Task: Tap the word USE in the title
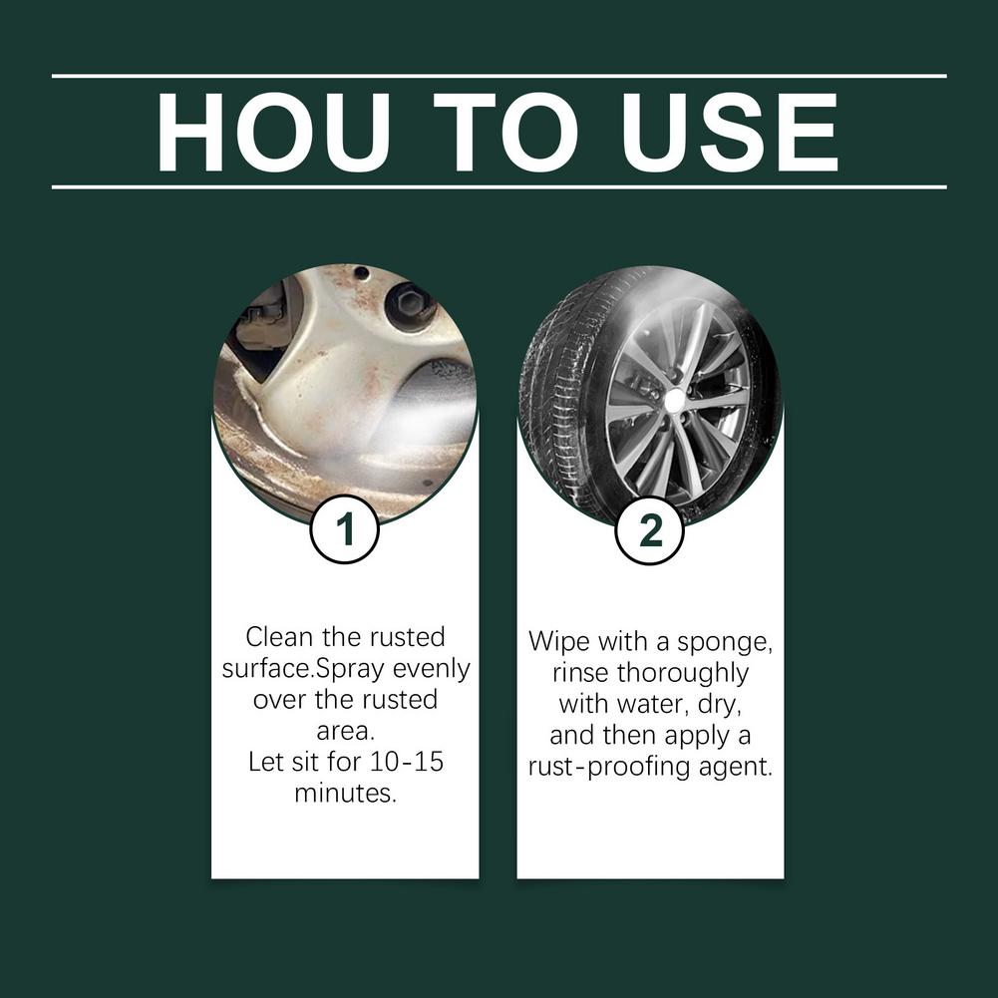pyautogui.click(x=730, y=133)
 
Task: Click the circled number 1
pyautogui.click(x=345, y=529)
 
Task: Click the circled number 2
pyautogui.click(x=650, y=529)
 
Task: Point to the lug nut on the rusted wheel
pyautogui.click(x=409, y=303)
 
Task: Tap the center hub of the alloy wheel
pyautogui.click(x=675, y=400)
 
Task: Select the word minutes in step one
pyautogui.click(x=345, y=795)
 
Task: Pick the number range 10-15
pyautogui.click(x=402, y=763)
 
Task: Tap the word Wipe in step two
pyautogui.click(x=558, y=641)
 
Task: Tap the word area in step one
pyautogui.click(x=345, y=731)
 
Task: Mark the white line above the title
pyautogui.click(x=499, y=76)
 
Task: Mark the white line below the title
pyautogui.click(x=499, y=186)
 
